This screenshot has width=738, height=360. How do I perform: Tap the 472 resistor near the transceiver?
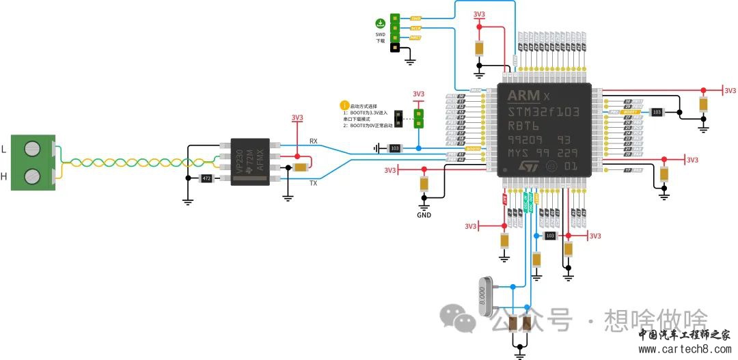(205, 178)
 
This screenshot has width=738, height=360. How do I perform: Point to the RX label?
(314, 141)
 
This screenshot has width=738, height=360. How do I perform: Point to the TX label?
(314, 183)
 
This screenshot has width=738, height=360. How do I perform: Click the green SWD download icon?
(380, 23)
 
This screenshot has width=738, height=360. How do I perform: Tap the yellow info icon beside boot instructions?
(344, 106)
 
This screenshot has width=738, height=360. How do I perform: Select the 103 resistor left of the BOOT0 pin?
(394, 148)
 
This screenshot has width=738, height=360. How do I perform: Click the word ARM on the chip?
(523, 95)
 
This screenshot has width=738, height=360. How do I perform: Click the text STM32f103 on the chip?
(543, 112)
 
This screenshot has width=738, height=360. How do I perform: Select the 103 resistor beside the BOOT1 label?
(657, 111)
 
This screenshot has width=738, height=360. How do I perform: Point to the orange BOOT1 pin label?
(632, 111)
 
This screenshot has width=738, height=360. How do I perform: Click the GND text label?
(424, 215)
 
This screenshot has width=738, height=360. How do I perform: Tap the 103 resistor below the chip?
(550, 235)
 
